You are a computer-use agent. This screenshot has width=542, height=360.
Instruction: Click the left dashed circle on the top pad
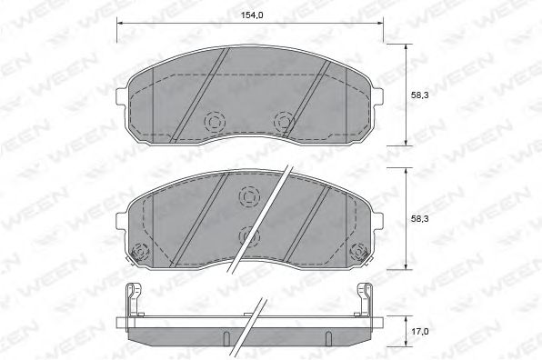(x=216, y=119)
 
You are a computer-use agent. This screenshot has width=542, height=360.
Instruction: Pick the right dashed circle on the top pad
(x=286, y=119)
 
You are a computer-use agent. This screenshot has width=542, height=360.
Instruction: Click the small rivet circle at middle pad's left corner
(x=139, y=252)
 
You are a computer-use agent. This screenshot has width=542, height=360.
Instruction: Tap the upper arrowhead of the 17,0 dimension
(x=405, y=315)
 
